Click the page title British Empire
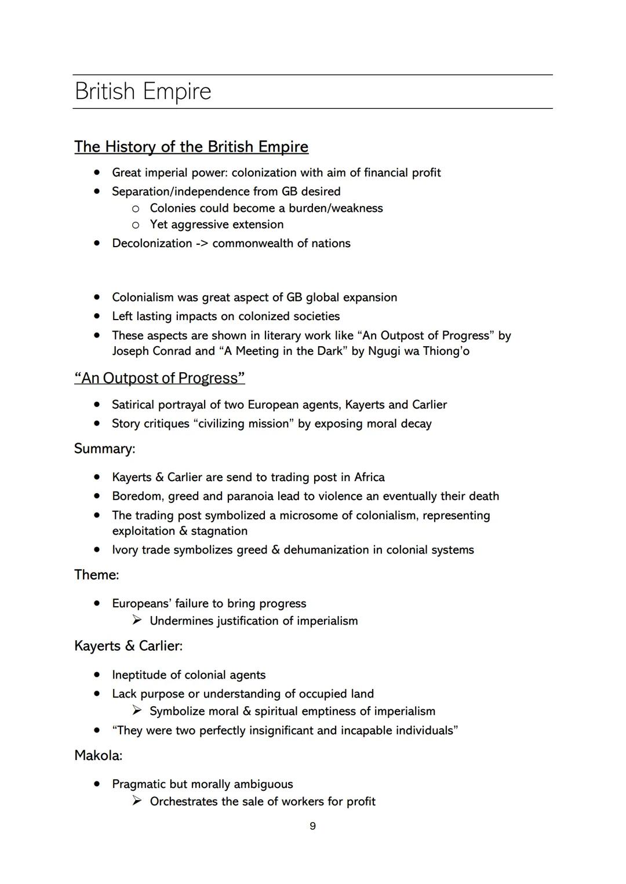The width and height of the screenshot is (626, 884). (143, 91)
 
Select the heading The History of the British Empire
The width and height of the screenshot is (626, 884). (191, 146)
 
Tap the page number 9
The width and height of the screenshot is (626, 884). (312, 826)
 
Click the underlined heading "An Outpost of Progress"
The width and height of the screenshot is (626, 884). (159, 378)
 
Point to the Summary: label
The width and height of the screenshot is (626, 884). (104, 449)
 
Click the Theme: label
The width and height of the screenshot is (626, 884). (96, 575)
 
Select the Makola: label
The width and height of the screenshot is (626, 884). (98, 755)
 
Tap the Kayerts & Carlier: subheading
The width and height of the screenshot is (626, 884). (128, 646)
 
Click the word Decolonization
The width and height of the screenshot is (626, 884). (152, 243)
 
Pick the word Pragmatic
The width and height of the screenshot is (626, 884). (139, 784)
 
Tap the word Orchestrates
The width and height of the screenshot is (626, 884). (184, 802)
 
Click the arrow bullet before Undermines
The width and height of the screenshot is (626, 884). (137, 621)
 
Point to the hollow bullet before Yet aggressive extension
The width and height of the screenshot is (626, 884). (136, 225)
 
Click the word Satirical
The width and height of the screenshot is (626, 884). (133, 405)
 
